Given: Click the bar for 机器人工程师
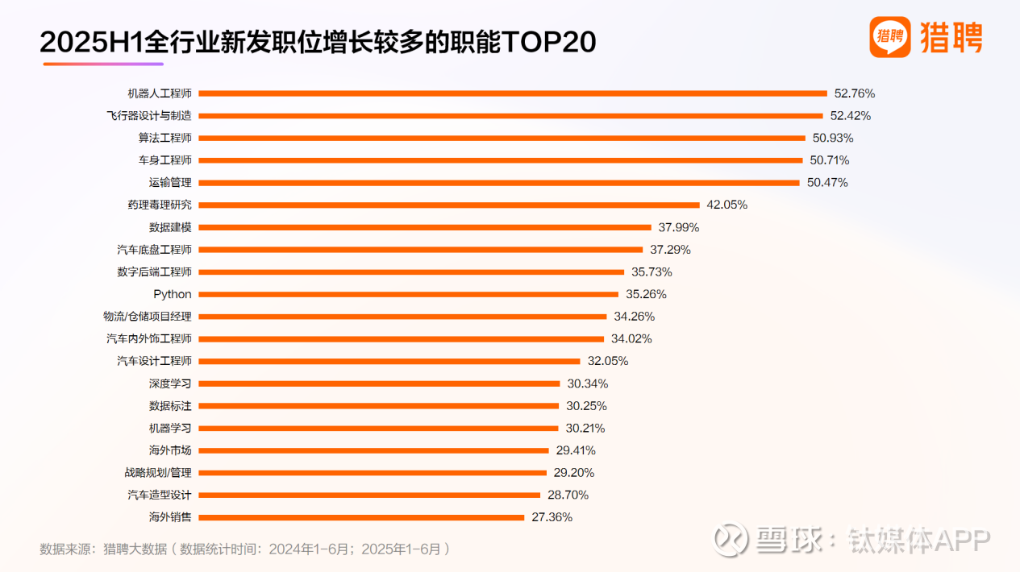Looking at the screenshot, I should point(512,93).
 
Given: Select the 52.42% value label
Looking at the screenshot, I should point(851,115).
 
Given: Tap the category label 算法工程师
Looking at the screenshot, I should point(164,138).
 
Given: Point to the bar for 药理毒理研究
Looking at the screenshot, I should point(448,205).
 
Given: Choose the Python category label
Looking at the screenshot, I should point(173,294).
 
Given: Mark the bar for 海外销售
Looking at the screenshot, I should point(361,517).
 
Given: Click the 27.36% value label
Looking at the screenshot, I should point(552,517).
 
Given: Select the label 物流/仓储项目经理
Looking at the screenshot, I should point(148,317).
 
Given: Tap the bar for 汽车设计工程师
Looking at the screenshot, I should point(389,361).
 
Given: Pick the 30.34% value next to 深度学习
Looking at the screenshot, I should point(588,383).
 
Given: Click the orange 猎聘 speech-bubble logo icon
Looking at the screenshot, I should point(889,37).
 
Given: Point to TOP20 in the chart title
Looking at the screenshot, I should point(548,42).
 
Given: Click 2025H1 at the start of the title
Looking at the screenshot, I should point(90,42).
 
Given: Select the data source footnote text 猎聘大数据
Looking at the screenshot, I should point(135,549).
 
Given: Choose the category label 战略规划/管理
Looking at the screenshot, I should point(158,473).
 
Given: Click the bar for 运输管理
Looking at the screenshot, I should point(498,183).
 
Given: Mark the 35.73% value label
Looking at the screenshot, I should point(652,272).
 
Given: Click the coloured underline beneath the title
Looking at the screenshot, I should point(103,64).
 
